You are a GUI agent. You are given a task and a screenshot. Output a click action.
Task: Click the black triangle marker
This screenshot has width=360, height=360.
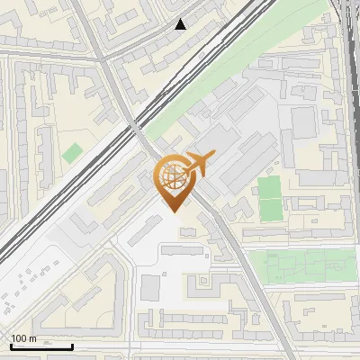coord(181,24)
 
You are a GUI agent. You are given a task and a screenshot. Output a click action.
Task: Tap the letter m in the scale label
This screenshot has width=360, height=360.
coord(32,338)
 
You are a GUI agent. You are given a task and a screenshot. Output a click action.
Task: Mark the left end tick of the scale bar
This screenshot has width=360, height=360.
coord(11,346)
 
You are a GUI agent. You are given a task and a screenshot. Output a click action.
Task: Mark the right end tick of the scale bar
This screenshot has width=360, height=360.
coord(73,346)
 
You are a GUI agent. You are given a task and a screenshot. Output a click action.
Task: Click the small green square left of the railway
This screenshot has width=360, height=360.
coord(72,153)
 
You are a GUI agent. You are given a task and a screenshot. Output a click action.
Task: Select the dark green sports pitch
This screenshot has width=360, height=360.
coord(270,198)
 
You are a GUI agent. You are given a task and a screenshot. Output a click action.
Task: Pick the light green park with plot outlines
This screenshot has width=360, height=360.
coord(297,265)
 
